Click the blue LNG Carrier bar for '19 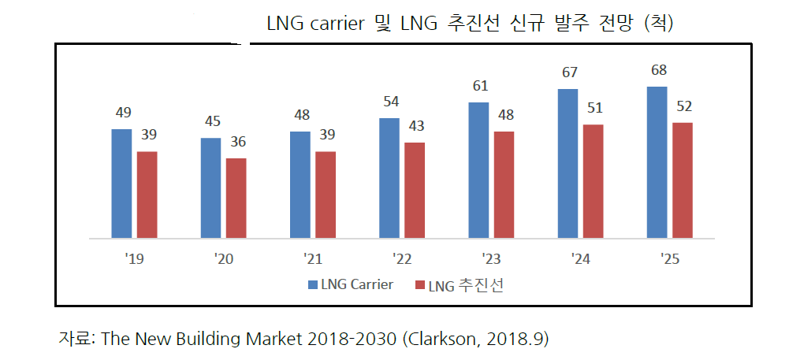[121, 183]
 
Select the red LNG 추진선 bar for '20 [236, 198]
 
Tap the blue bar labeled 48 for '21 [300, 184]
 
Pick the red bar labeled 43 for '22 [415, 190]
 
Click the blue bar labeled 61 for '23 [478, 169]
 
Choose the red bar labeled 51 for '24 [593, 180]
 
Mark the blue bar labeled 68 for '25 [657, 161]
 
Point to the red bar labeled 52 [682, 180]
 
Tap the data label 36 [236, 142]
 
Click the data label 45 [211, 121]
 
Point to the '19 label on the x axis [134, 257]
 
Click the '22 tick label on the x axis [402, 257]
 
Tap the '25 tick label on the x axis [668, 257]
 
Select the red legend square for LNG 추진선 [419, 284]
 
